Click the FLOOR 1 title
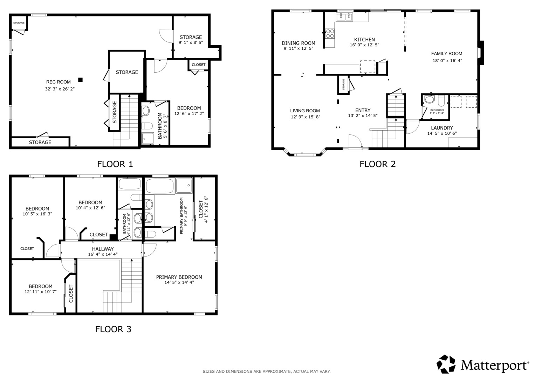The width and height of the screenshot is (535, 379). point(115,164)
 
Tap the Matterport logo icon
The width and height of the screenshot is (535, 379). point(446,364)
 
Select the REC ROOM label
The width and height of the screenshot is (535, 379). point(59,82)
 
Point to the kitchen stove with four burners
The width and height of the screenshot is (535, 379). point(330,33)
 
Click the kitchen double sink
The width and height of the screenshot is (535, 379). point(344,17)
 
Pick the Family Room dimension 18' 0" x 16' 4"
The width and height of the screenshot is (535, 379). point(447,60)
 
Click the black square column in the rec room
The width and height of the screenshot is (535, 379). point(81,80)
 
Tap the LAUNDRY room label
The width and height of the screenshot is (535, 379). point(442,128)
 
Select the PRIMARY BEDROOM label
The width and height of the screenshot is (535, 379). point(179,277)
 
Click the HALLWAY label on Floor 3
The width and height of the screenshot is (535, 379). point(103,249)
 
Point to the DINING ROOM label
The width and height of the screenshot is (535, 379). point(299,43)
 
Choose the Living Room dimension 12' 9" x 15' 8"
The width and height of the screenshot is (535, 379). point(306,117)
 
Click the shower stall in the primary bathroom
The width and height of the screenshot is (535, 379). point(184,185)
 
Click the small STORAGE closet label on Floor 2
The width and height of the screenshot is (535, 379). point(343,84)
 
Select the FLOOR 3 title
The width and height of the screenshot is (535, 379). point(113,329)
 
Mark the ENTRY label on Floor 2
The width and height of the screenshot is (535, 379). point(363,110)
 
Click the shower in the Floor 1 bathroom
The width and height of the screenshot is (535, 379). point(148,138)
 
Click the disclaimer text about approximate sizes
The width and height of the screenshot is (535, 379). point(267,371)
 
